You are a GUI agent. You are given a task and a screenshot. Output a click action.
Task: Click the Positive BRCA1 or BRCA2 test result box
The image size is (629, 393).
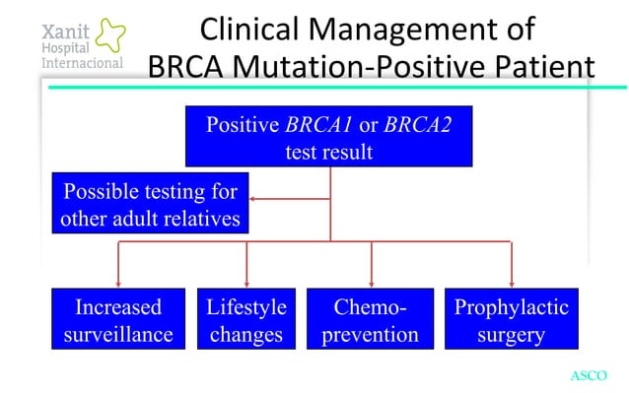(329, 139)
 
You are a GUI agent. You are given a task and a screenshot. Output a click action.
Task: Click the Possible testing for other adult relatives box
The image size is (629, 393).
(150, 203)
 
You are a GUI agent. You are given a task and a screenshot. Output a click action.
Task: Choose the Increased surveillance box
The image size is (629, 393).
(118, 320)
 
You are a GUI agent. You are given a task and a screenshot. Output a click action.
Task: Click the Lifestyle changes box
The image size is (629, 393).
(245, 320)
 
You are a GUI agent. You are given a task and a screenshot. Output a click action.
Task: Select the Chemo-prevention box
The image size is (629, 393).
(371, 320)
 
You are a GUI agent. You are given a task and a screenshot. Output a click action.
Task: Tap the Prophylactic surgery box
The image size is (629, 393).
(511, 320)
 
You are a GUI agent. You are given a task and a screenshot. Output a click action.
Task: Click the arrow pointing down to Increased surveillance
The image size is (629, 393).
(119, 277)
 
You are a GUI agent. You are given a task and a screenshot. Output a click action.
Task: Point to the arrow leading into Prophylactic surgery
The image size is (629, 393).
(511, 277)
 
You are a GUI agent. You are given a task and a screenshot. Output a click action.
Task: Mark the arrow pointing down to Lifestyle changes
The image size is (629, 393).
(245, 277)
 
